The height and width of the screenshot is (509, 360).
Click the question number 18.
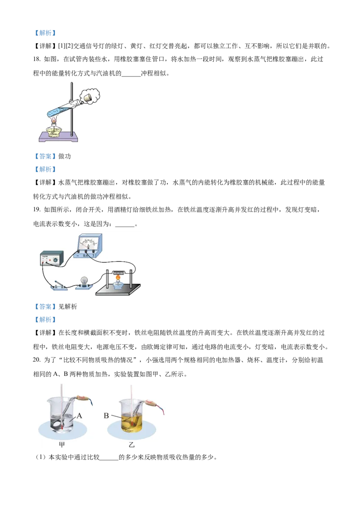(37, 59)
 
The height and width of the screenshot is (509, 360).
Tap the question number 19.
(37, 210)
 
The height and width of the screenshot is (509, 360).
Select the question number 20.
(37, 360)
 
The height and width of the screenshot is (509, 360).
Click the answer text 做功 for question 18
(64, 156)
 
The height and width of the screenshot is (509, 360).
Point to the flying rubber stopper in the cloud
(88, 98)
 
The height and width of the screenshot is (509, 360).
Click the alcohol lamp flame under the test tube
(54, 121)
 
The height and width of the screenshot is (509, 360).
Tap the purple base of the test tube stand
(58, 137)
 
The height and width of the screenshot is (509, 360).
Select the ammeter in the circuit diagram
(88, 246)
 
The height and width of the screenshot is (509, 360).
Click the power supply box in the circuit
(52, 259)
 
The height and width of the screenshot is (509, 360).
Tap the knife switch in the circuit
(59, 286)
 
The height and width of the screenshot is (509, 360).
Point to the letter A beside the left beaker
(79, 415)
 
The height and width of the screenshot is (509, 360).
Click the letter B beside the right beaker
(106, 415)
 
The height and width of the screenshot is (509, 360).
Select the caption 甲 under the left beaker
(62, 444)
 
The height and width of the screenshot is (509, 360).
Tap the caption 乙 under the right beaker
(131, 444)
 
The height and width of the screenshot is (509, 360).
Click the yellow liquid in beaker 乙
(132, 423)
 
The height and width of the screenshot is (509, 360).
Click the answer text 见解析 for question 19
(67, 307)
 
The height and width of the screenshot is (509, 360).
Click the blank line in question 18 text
(131, 76)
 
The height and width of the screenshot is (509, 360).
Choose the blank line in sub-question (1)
(109, 460)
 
